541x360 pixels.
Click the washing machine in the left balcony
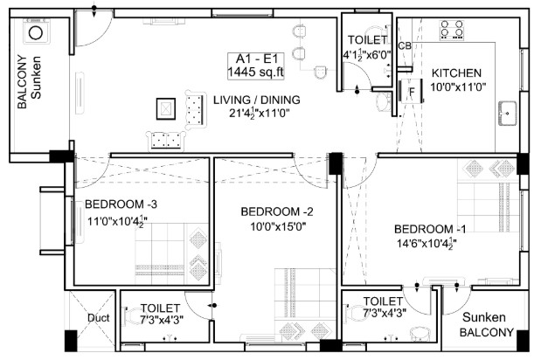36,31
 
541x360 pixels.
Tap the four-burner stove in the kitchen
452,30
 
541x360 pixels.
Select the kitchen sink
507,113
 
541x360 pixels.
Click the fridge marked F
411,91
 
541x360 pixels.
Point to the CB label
405,45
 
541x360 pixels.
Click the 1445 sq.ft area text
256,72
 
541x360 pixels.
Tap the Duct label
99,317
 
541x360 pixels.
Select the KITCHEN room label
456,73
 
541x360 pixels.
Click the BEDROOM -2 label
277,211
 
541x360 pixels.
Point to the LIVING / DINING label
257,100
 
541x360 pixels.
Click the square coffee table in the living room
166,109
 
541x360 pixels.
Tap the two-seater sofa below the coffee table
166,141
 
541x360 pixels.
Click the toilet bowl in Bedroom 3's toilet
130,315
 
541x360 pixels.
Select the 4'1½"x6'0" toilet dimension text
367,55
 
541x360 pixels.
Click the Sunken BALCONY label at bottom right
486,324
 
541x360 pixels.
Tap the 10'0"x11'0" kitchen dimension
458,87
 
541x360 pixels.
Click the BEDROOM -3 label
121,204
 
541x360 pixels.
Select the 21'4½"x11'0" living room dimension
259,113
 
